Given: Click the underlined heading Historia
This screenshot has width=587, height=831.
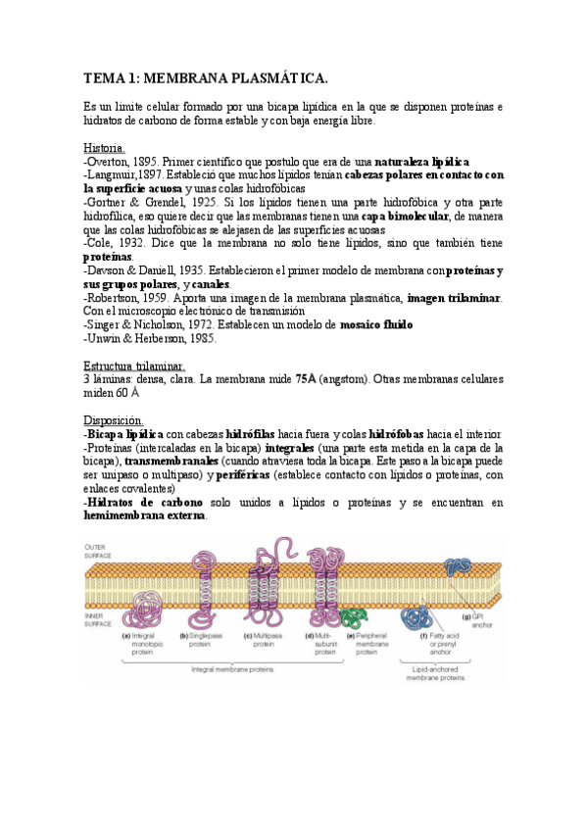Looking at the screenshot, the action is [105, 148].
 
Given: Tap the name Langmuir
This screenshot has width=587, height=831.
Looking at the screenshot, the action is [112, 173].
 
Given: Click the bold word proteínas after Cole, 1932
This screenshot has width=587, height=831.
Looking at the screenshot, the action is [108, 256].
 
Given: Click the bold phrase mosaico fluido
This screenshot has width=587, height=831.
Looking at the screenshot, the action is [376, 324].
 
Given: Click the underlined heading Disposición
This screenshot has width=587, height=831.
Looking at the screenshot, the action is [114, 419].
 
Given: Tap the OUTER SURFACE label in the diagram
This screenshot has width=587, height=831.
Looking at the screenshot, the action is [98, 551].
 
